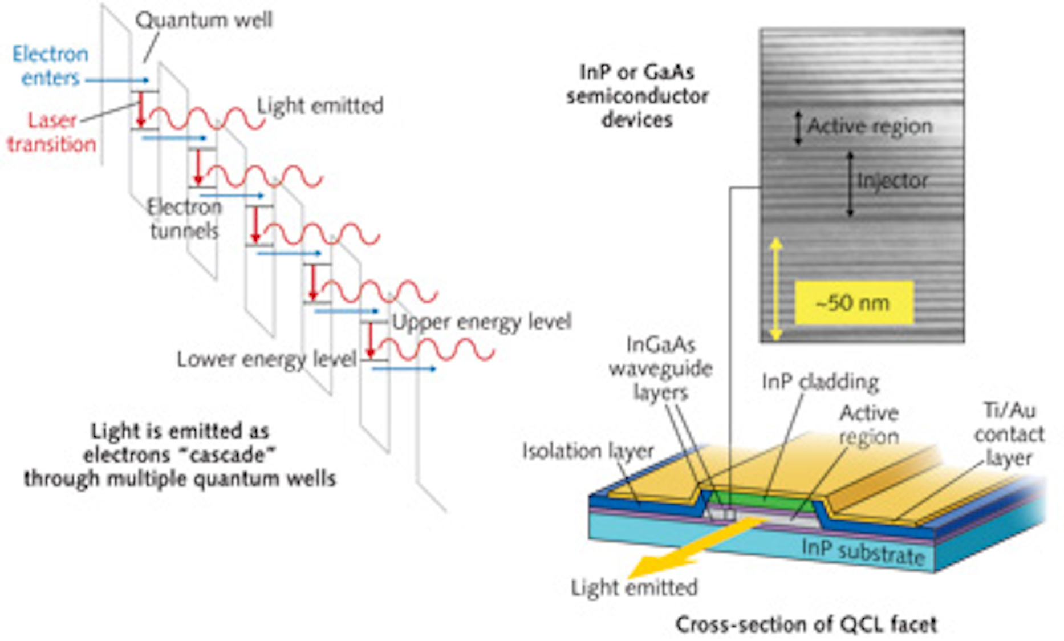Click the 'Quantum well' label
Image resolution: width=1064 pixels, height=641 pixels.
click(204, 21)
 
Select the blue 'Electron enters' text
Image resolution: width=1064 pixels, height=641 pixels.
click(50, 66)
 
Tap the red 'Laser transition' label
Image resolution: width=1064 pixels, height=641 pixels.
click(51, 132)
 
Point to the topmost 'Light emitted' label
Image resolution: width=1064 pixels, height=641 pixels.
click(320, 106)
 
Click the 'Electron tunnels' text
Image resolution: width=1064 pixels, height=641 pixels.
click(184, 219)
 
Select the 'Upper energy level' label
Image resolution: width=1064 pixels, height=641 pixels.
click(481, 322)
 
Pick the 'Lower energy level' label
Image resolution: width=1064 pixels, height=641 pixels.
click(266, 359)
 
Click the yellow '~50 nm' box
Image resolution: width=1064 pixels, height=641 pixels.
click(853, 303)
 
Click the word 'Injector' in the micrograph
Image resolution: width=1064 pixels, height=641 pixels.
click(892, 181)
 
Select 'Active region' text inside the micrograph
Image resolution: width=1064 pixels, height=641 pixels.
click(869, 126)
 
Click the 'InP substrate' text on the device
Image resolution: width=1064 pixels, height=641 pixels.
click(862, 551)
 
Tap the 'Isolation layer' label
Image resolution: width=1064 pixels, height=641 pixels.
click(587, 451)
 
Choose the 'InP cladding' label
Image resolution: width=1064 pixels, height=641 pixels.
click(820, 382)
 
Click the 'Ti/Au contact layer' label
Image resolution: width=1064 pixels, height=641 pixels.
click(1008, 434)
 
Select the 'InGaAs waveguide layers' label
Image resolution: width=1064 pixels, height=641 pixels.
click(660, 368)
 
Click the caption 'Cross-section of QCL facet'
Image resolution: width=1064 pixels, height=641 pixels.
click(806, 624)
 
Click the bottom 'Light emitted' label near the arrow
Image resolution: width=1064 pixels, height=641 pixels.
click(634, 587)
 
